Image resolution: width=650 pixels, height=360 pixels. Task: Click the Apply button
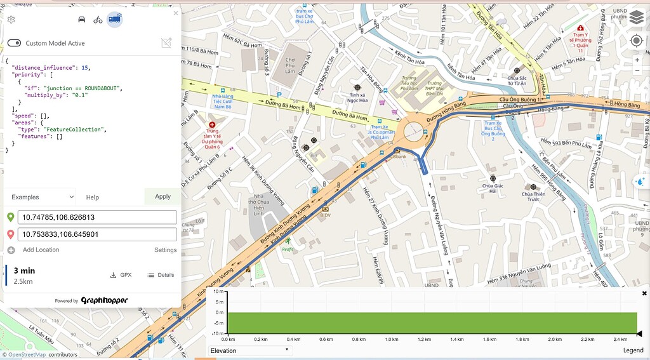162,196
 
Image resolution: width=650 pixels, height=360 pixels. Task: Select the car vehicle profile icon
81,19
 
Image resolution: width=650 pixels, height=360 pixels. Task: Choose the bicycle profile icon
98,19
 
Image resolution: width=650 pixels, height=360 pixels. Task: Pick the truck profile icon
114,19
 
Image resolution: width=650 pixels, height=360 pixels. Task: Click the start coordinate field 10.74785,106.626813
96,217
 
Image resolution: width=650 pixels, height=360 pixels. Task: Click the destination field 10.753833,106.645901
96,234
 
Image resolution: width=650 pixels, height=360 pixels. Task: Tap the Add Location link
41,250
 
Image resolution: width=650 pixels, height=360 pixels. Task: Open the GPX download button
121,275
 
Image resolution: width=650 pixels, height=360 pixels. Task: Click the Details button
161,275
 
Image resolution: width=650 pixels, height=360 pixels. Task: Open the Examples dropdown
39,197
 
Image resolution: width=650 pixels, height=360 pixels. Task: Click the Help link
93,197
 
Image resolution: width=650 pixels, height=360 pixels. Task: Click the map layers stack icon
636,17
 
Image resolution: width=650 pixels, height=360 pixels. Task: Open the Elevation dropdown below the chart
249,350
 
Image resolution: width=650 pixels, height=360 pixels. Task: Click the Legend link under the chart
633,350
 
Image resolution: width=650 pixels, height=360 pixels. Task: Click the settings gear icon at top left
11,20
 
